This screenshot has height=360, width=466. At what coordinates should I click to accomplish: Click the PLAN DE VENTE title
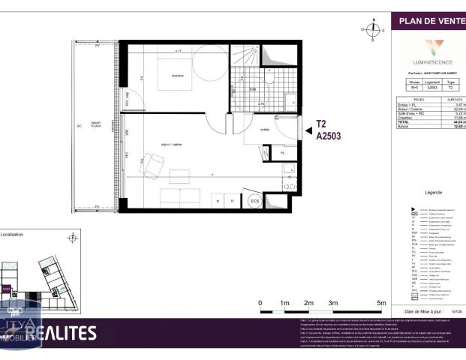click(428, 21)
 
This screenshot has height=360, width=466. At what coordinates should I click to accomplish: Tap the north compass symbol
click(373, 29)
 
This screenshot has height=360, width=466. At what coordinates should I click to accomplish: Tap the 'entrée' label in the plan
click(264, 130)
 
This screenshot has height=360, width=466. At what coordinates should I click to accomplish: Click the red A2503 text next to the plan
click(328, 137)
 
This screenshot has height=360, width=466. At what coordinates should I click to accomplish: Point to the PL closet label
click(282, 153)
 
